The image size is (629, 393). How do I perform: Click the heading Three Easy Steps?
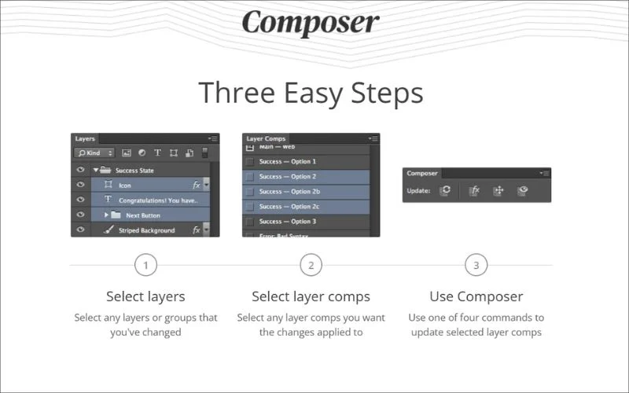click(x=311, y=93)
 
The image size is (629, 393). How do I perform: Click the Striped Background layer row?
click(x=149, y=230)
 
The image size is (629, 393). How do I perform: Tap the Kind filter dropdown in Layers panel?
click(x=95, y=152)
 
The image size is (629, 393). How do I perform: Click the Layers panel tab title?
click(x=85, y=138)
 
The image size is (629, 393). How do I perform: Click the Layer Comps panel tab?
click(x=266, y=138)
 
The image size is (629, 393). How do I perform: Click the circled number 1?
click(x=145, y=265)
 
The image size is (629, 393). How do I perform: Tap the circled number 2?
click(x=311, y=265)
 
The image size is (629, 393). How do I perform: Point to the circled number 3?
click(x=476, y=265)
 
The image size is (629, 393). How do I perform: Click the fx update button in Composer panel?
click(x=474, y=190)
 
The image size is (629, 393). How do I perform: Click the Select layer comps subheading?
click(x=311, y=296)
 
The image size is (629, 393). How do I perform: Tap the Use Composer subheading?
click(x=476, y=296)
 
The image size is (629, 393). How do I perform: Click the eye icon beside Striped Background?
click(x=80, y=230)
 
